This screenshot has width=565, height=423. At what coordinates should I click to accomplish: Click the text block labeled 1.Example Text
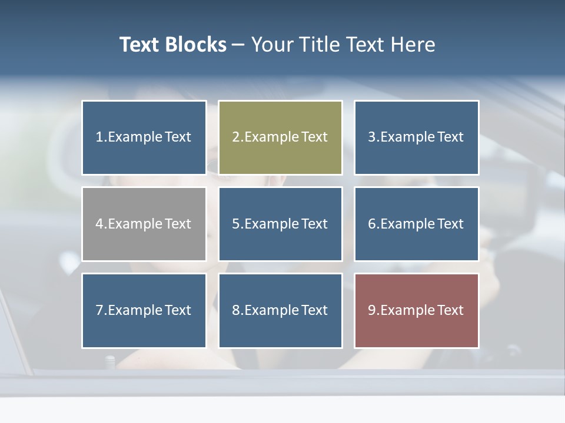point(144,137)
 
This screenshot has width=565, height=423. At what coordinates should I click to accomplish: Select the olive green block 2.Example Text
point(280,137)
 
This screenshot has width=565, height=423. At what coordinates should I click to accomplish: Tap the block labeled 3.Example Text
point(416,137)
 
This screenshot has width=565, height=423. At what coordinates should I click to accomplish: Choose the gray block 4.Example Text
point(144,224)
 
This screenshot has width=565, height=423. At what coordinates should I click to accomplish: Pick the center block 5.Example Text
point(280,224)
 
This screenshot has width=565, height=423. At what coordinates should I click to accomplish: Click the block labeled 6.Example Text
point(416,224)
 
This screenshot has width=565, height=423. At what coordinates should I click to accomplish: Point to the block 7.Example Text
point(144,310)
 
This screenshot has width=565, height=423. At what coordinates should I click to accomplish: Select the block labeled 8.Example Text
point(280,310)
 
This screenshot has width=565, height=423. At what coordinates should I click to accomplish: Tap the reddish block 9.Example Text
point(416,310)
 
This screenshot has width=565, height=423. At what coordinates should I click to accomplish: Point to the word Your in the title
point(271,45)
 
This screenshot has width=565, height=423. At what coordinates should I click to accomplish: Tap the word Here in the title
point(413,45)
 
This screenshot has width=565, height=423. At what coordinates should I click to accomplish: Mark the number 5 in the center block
point(235,224)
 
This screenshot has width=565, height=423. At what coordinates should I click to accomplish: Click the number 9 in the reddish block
point(372,310)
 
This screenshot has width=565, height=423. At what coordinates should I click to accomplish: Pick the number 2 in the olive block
point(235,137)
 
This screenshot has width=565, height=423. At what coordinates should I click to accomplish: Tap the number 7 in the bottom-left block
point(99,310)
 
